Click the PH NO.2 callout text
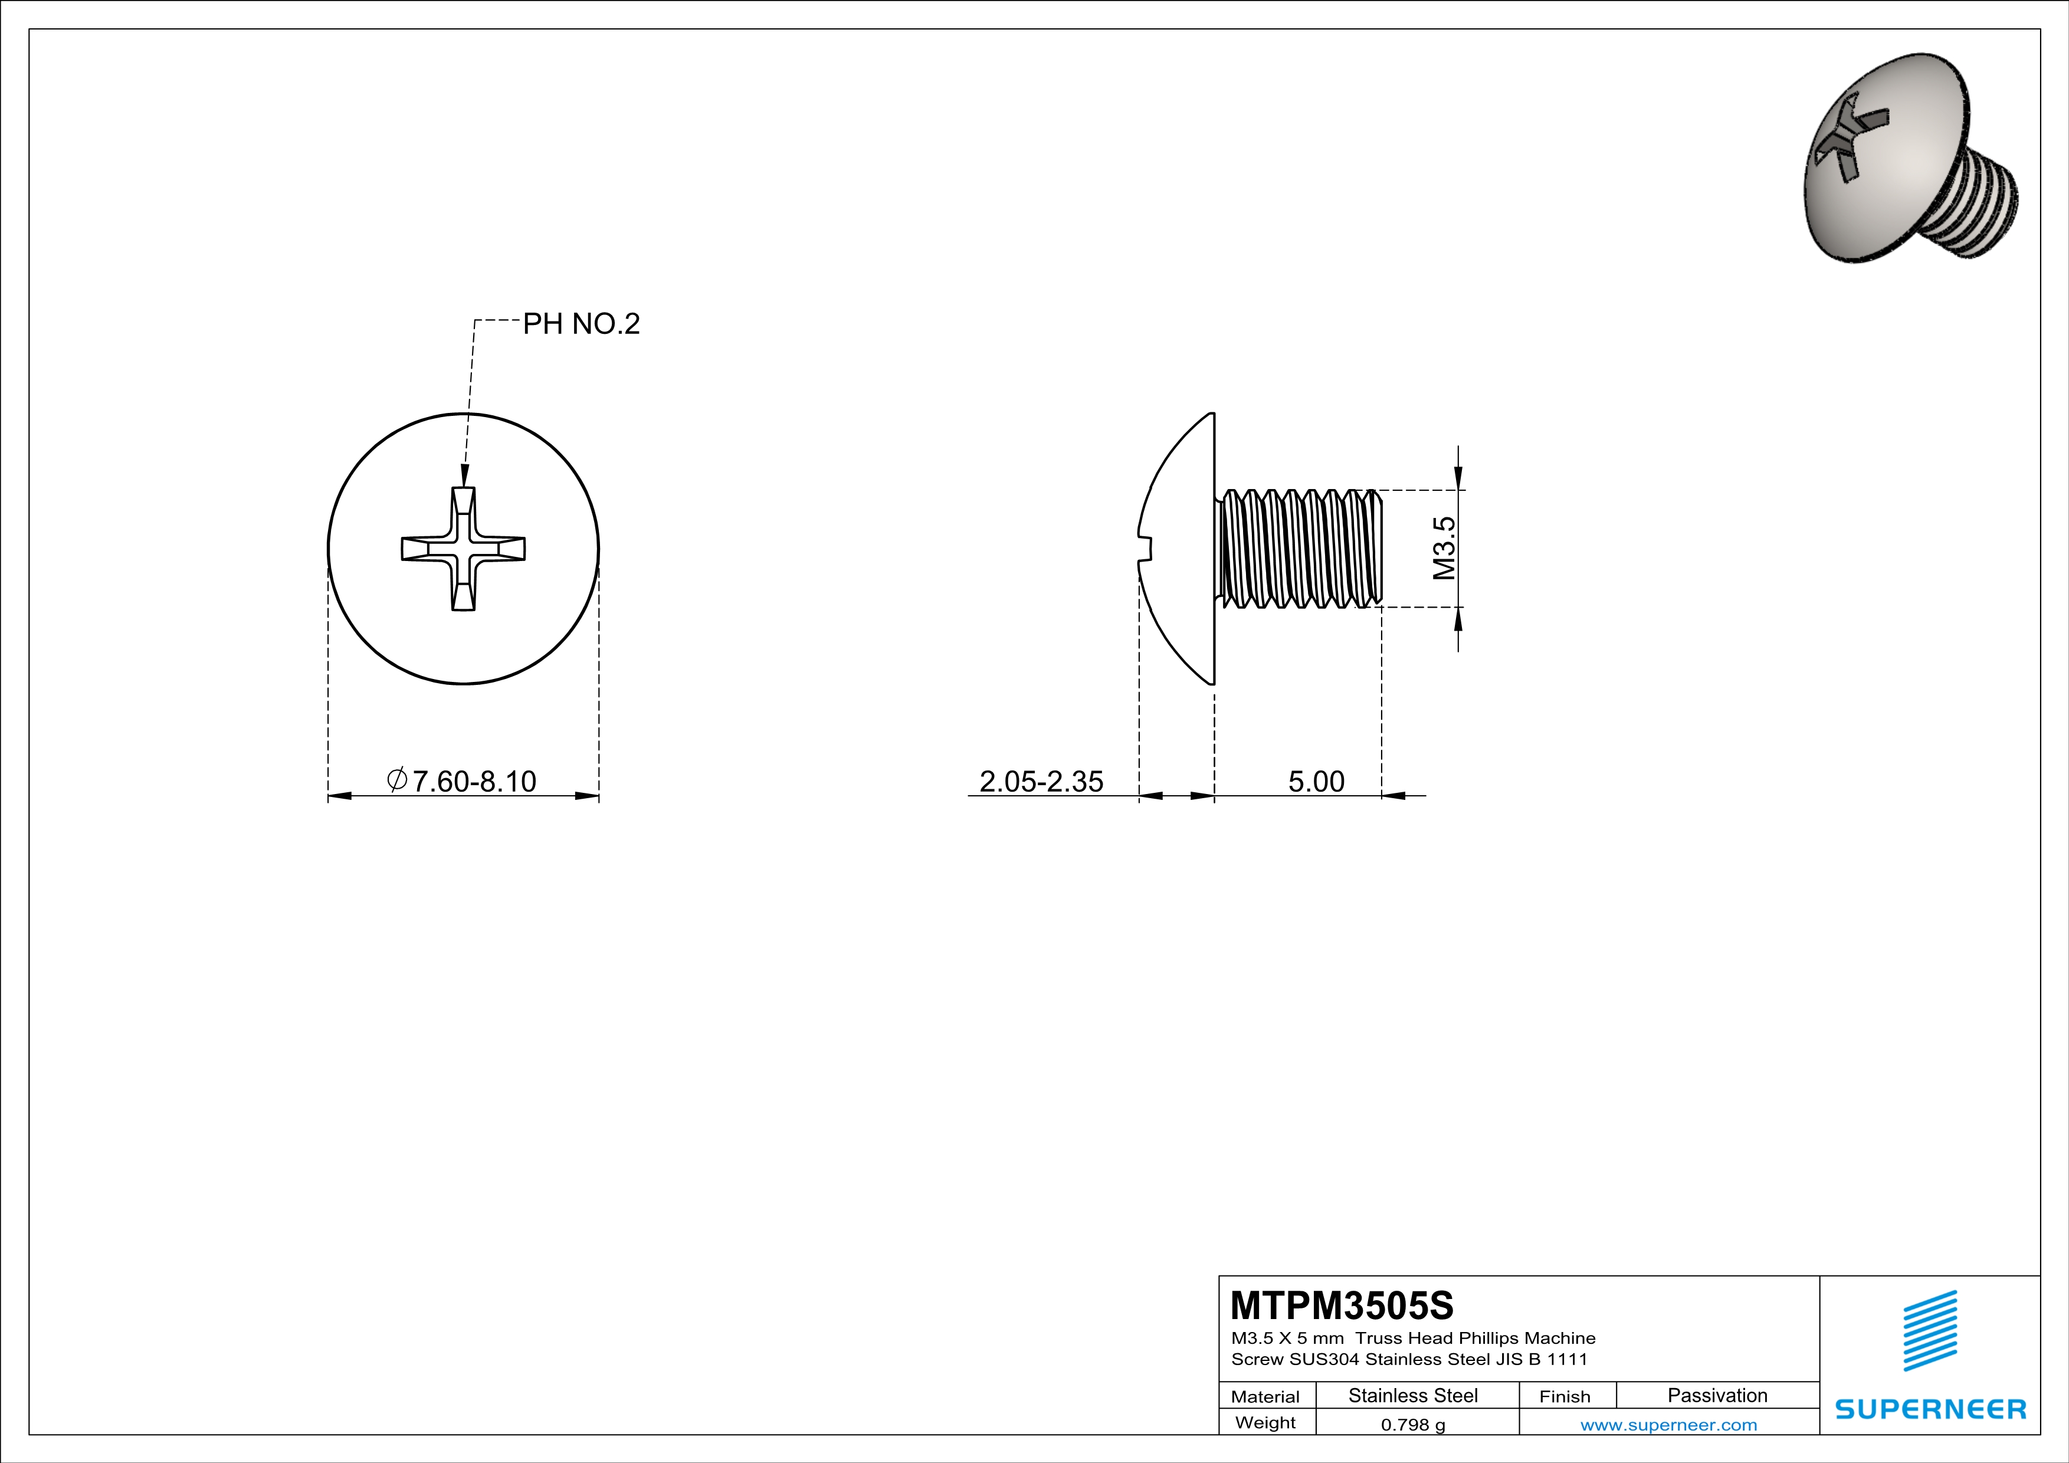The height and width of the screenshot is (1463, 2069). (581, 323)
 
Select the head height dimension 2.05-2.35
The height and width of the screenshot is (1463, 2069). (1041, 781)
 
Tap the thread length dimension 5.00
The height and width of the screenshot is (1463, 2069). (1316, 781)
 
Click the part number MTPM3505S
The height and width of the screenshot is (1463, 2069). (1342, 1304)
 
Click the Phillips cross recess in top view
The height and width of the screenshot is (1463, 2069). (463, 549)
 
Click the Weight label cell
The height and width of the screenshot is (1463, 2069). (1265, 1422)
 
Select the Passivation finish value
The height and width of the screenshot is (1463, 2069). (1717, 1395)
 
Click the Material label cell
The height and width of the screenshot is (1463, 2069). (1265, 1396)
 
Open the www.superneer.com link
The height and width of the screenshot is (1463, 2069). (1668, 1424)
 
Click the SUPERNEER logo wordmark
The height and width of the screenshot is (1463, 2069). (1930, 1409)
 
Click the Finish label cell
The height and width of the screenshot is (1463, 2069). (1565, 1396)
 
